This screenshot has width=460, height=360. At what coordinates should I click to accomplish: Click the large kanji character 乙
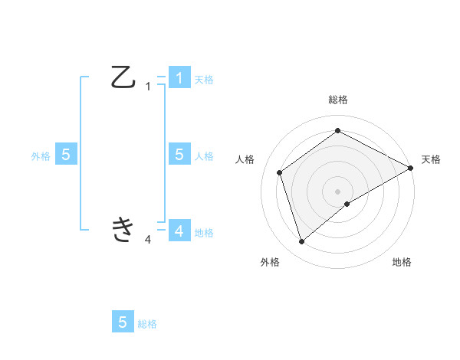point(123,77)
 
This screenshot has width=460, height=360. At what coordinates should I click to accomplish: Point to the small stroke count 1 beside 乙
point(148,87)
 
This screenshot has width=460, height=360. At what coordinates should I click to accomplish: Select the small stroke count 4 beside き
point(148,240)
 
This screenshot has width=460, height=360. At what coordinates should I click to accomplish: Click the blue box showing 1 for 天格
point(179,78)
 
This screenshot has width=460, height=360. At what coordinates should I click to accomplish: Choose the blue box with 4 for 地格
point(179,231)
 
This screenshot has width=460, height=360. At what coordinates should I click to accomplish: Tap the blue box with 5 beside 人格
point(179,155)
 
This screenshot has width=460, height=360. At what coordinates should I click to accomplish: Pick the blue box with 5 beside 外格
point(66,155)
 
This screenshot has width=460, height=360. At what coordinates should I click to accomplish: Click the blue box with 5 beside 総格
point(123,322)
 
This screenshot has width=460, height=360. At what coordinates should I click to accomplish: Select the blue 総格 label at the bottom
point(147,324)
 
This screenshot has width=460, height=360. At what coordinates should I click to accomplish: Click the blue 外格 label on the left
point(41,155)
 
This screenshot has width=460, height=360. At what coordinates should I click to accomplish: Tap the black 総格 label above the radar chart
point(337,100)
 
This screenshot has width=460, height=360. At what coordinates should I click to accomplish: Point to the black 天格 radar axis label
point(431,159)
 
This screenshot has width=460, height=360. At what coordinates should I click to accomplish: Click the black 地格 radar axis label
point(402,262)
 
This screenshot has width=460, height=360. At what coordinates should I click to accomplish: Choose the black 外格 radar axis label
point(270,262)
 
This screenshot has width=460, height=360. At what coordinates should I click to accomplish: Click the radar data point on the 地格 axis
point(347,204)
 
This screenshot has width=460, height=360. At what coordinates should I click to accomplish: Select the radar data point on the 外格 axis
point(301,242)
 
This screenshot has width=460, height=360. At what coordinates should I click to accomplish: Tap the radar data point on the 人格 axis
point(280,172)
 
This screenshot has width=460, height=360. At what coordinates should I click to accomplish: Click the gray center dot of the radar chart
point(337,191)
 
